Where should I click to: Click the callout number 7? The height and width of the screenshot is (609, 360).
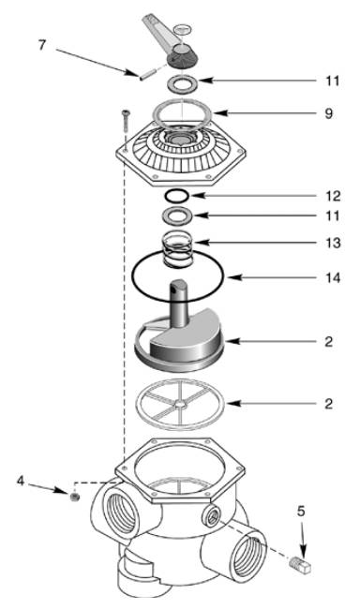tap(42, 45)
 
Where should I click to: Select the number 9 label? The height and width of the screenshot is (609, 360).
tap(329, 113)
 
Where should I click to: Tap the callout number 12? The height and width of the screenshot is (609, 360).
tap(333, 196)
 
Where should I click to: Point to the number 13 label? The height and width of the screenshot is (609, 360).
tap(333, 244)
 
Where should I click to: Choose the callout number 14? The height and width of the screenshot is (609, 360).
tap(333, 278)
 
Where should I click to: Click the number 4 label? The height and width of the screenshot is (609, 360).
tap(21, 481)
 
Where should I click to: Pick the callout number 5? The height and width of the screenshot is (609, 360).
tap(301, 512)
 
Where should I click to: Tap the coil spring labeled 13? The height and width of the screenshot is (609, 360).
tap(178, 249)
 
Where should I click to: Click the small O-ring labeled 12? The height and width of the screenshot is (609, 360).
tap(176, 196)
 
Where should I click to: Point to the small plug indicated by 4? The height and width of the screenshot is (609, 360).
tap(74, 497)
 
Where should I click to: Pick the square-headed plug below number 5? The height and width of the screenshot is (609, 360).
tap(301, 563)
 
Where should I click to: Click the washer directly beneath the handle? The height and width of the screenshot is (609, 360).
tap(182, 83)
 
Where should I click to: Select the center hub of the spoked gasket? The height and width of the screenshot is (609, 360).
tap(180, 405)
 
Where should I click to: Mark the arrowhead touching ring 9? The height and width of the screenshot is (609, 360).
tap(219, 113)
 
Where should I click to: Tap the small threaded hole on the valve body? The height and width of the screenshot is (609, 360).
tap(212, 517)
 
